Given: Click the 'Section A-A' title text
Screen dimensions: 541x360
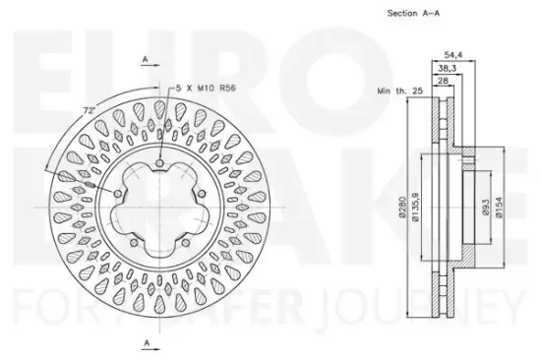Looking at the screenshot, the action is pyautogui.click(x=413, y=14).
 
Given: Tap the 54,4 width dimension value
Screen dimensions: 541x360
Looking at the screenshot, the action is pyautogui.click(x=453, y=54).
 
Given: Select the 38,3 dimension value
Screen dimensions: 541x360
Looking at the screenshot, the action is pyautogui.click(x=448, y=68).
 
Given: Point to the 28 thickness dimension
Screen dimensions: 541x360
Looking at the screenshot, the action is pyautogui.click(x=443, y=81).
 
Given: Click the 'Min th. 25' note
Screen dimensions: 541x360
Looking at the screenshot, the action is pyautogui.click(x=400, y=91).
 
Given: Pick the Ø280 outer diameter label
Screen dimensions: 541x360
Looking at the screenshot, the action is pyautogui.click(x=402, y=207).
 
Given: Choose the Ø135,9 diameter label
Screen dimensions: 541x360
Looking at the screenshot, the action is pyautogui.click(x=415, y=207).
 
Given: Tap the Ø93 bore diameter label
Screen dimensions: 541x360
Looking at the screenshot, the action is pyautogui.click(x=486, y=208).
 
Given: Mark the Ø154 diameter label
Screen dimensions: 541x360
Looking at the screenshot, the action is pyautogui.click(x=499, y=208).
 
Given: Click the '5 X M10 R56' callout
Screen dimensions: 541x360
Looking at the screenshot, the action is pyautogui.click(x=206, y=88).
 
